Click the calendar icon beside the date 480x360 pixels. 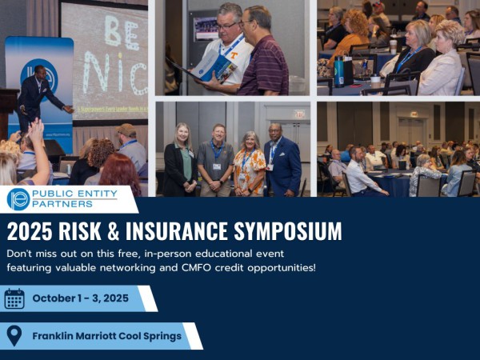[14, 298]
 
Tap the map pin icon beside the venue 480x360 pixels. [14, 336]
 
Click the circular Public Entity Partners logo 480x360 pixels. [18, 199]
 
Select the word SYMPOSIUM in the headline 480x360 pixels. [288, 231]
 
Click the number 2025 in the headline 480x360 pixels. [30, 231]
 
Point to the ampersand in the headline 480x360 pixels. [113, 231]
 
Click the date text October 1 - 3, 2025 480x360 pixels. [81, 298]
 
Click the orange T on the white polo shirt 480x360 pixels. [234, 56]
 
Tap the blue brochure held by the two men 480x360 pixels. [214, 66]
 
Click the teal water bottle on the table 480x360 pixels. [338, 71]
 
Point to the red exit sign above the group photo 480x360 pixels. [299, 114]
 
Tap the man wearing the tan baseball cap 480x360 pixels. [131, 146]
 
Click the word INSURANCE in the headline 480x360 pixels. [177, 231]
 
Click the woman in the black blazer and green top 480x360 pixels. [180, 160]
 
